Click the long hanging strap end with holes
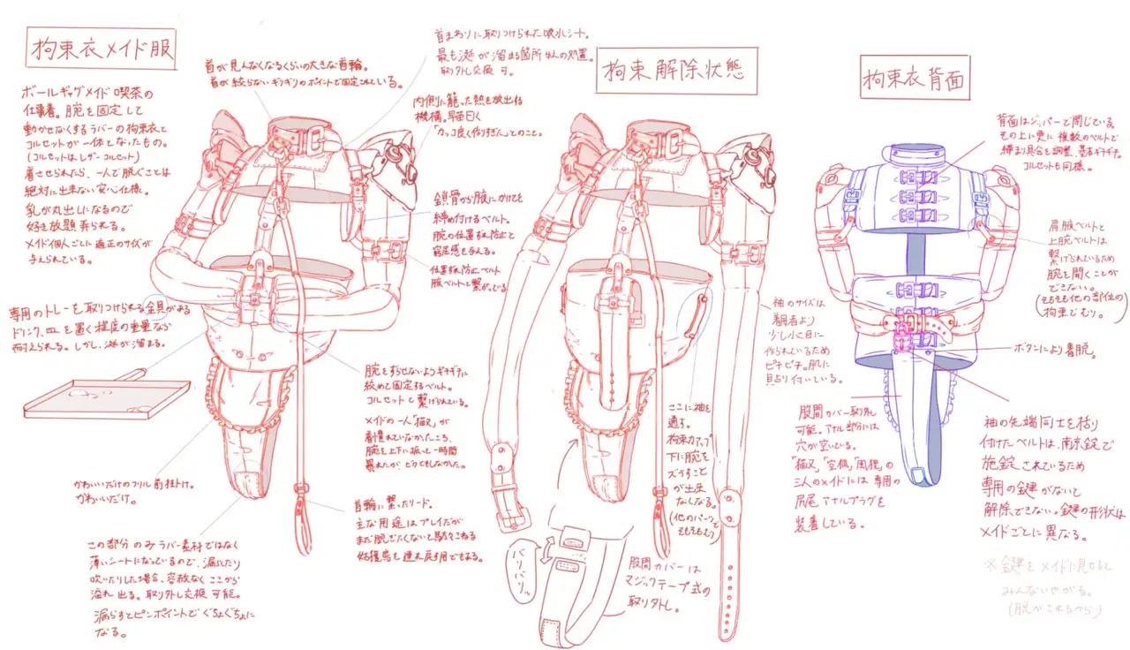729,565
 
